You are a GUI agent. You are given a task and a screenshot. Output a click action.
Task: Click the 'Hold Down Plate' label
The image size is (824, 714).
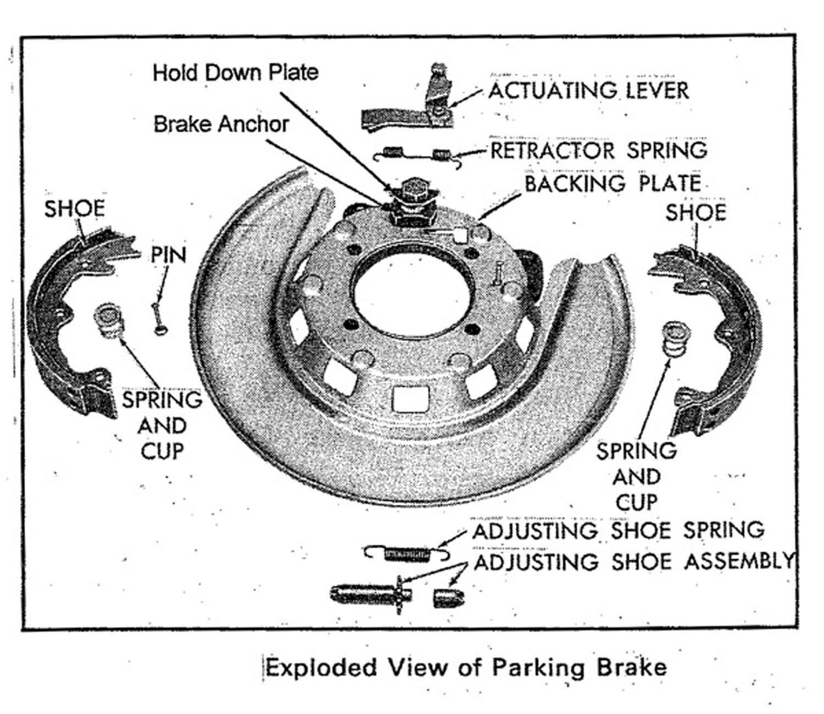[x=235, y=72]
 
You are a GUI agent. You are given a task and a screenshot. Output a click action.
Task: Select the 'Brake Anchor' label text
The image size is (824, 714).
[x=220, y=124]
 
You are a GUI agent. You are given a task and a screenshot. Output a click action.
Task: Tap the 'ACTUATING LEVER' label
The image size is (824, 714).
[x=588, y=91]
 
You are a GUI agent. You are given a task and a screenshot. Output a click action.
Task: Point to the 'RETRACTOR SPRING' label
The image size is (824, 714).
[x=598, y=150]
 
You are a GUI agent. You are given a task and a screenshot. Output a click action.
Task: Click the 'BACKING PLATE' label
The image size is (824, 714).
[x=613, y=184]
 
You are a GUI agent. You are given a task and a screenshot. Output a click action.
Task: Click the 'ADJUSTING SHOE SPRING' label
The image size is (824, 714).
[x=618, y=531]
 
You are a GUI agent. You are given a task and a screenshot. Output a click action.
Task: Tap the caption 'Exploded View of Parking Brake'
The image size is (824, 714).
[x=466, y=668]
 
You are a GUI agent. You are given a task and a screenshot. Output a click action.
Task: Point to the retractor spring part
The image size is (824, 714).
[x=417, y=154]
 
